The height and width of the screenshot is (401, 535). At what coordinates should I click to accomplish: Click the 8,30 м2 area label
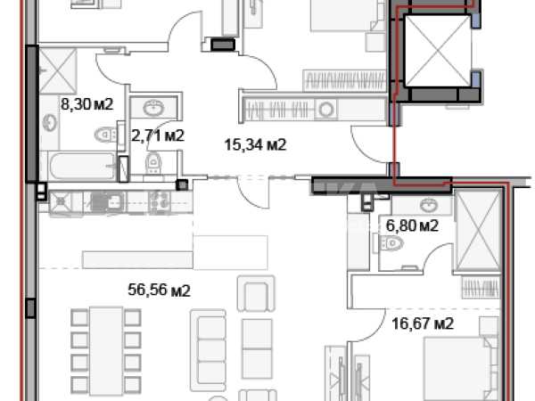86,104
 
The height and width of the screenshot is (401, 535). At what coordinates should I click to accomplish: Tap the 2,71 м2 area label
158,135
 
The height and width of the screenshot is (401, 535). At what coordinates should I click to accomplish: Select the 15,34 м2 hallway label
255,144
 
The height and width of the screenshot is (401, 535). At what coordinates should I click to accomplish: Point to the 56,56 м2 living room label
159,291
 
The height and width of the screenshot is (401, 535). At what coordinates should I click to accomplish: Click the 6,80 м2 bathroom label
412,225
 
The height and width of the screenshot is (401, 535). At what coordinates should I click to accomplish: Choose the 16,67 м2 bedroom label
423,323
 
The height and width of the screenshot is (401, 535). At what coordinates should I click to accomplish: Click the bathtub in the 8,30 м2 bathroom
82,167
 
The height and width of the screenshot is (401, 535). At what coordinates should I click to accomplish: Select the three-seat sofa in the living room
208,350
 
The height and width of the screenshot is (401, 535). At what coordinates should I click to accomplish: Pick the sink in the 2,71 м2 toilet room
153,108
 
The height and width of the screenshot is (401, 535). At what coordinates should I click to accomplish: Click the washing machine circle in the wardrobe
326,110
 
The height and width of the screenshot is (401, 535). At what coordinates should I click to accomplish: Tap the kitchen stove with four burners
160,200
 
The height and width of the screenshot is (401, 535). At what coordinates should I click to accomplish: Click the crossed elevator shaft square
438,51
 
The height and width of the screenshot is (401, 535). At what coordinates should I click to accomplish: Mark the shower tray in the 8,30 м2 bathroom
58,71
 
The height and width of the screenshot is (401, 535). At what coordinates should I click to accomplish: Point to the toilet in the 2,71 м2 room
153,162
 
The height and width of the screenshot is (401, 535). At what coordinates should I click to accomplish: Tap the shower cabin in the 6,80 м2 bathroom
477,231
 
